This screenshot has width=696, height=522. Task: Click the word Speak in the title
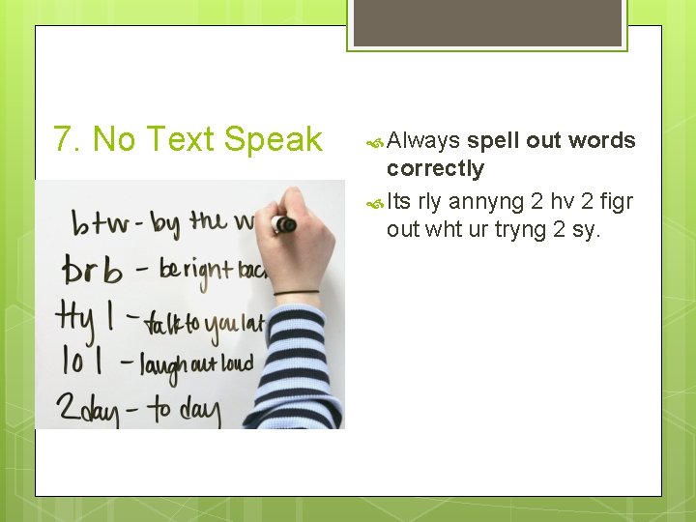point(273,141)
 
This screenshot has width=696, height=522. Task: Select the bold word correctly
point(435,168)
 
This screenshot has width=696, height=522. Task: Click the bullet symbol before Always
point(375,142)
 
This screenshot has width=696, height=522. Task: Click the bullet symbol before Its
point(375,202)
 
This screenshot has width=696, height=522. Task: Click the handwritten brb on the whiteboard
point(92,270)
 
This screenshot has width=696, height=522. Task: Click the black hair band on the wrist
point(296,292)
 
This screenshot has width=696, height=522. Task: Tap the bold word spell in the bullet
point(497,141)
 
